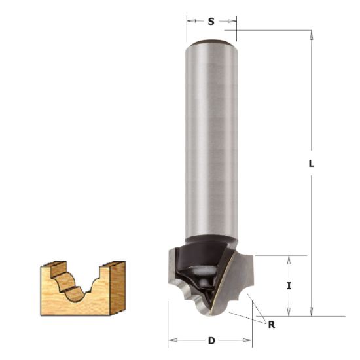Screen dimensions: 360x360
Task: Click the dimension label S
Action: pos(211,22)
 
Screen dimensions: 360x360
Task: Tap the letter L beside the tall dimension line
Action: pos(312,164)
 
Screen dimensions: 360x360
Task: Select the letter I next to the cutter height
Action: pos(289,285)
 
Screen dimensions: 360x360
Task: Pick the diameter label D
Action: pos(211,340)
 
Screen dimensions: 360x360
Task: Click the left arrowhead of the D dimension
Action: pos(172,340)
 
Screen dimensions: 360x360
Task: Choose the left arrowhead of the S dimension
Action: pos(190,21)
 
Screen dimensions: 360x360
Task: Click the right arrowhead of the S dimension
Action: pos(232,21)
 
